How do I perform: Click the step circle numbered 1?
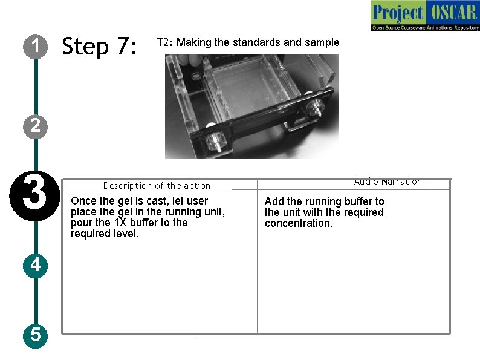36,45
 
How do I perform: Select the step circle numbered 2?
36,126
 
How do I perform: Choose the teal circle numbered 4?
36,264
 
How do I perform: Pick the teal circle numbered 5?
36,333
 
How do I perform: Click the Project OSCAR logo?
424,16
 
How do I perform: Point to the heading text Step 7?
100,46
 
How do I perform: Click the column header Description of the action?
157,186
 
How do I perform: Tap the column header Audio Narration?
388,182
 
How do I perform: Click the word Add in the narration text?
274,201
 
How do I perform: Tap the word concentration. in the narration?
299,223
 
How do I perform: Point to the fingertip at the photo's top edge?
194,59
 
